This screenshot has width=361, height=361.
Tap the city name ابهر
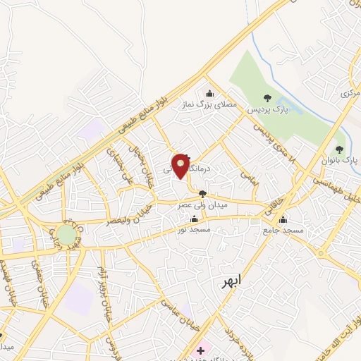tap(228, 281)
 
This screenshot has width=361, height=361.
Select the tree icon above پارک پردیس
tap(267, 98)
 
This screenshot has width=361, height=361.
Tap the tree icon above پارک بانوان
tap(340, 149)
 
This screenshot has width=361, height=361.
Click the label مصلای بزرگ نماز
tap(208, 105)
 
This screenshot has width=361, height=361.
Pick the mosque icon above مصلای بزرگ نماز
tap(209, 93)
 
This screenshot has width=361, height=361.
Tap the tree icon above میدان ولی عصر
tap(203, 193)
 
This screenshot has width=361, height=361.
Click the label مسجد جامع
tap(283, 231)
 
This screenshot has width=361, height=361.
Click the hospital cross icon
tap(201, 350)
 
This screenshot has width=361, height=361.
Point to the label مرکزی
tap(348, 92)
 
